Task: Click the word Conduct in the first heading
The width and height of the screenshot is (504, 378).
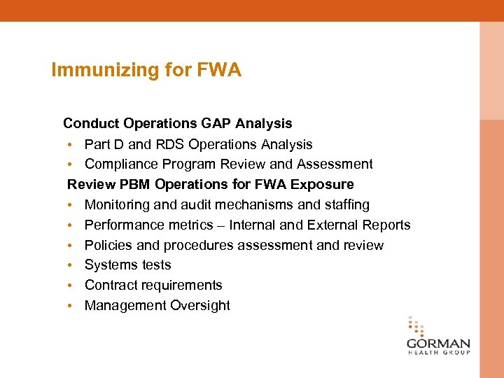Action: [x=91, y=123]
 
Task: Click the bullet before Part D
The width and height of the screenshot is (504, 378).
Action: [x=71, y=145]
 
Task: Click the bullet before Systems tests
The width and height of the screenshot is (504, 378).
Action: [x=71, y=266]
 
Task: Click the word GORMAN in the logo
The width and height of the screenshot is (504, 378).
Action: [x=438, y=344]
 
